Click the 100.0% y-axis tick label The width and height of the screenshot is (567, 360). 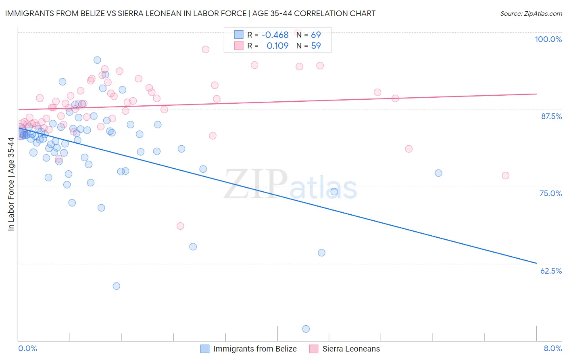click(x=548, y=39)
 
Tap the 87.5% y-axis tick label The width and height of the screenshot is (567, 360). click(x=551, y=116)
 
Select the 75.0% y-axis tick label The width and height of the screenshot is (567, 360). click(x=550, y=193)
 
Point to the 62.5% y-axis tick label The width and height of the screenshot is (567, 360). click(x=551, y=271)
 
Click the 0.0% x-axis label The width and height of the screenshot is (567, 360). click(x=27, y=348)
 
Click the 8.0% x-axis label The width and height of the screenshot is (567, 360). click(x=552, y=348)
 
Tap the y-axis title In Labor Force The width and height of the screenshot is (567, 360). click(x=11, y=184)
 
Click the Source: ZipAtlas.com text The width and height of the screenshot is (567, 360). click(x=531, y=14)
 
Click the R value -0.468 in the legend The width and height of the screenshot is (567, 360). click(x=275, y=35)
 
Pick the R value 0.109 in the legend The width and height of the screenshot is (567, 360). click(x=277, y=46)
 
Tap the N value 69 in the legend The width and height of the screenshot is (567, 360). click(x=316, y=35)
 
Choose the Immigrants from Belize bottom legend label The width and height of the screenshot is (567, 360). click(x=254, y=349)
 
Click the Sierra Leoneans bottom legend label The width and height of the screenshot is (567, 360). click(x=351, y=349)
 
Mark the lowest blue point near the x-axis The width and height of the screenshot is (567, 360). click(x=306, y=329)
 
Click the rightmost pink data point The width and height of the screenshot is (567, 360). click(x=505, y=176)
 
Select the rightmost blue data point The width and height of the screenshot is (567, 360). click(x=438, y=173)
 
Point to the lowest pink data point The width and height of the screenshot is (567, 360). click(x=180, y=226)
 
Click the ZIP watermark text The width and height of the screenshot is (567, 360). click(x=256, y=184)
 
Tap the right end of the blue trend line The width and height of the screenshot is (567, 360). click(x=536, y=263)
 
